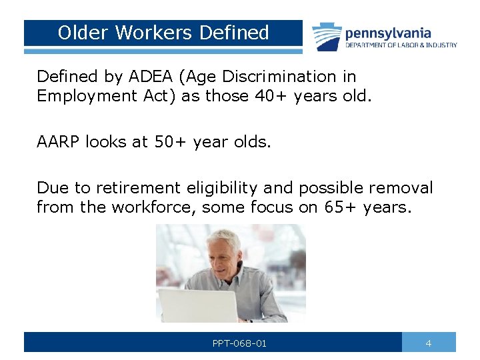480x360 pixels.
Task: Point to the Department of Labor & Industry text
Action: point(401,45)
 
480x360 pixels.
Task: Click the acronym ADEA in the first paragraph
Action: point(155,77)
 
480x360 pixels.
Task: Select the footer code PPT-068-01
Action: point(239,343)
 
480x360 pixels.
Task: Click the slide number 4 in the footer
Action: point(429,343)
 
